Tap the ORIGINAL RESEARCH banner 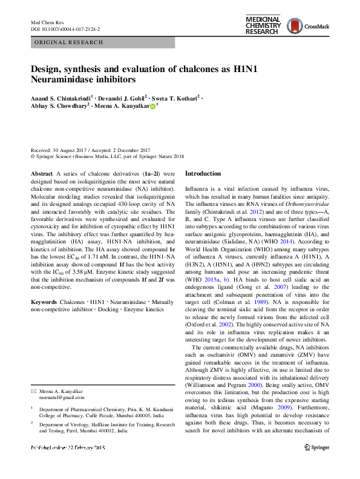click(x=68, y=43)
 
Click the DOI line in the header click(x=65, y=28)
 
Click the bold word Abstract click(x=41, y=173)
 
